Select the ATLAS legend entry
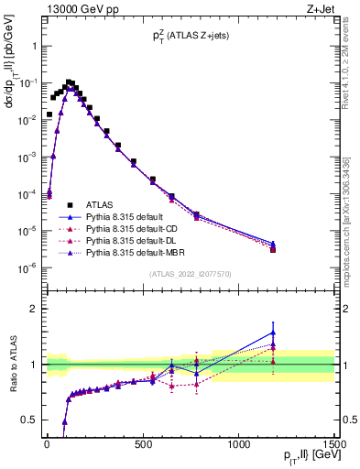(x=101, y=204)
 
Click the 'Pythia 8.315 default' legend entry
(x=127, y=216)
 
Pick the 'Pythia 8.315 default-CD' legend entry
(x=134, y=228)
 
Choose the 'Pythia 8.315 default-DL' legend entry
(x=134, y=240)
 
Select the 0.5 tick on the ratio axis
(x=30, y=420)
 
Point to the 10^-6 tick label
(x=27, y=268)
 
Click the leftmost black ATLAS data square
(x=49, y=115)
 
